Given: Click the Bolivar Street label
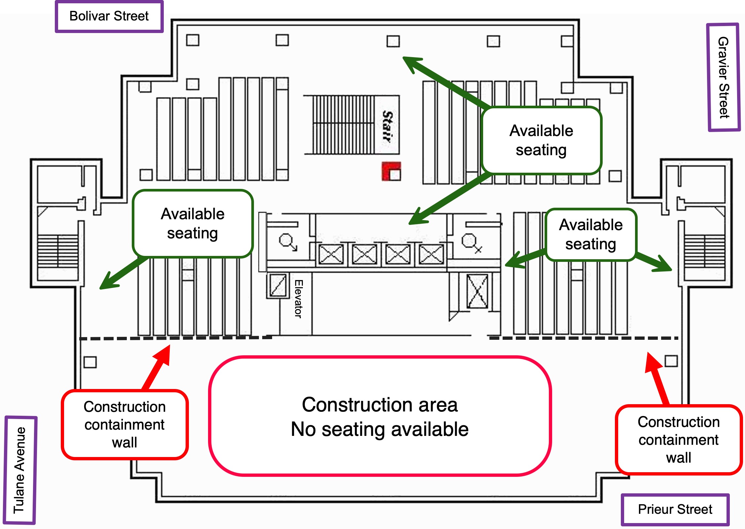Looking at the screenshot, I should tap(109, 16).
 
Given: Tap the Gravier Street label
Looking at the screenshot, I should tap(723, 78).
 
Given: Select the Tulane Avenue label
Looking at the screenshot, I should tap(20, 470).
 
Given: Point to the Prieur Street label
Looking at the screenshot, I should tap(675, 509).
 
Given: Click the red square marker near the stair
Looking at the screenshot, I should tap(391, 171).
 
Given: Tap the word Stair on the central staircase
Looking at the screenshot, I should tap(387, 126).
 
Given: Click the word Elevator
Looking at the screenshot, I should tap(298, 299).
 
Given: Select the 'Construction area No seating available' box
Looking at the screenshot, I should tap(380, 416).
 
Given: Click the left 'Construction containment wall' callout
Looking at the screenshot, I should tap(124, 425).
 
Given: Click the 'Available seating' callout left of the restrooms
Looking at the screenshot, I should tap(193, 224).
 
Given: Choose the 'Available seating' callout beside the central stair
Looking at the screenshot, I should tap(541, 140).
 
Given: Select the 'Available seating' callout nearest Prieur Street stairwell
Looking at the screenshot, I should tap(591, 235).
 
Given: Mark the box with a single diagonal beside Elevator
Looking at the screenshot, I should tap(278, 285).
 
